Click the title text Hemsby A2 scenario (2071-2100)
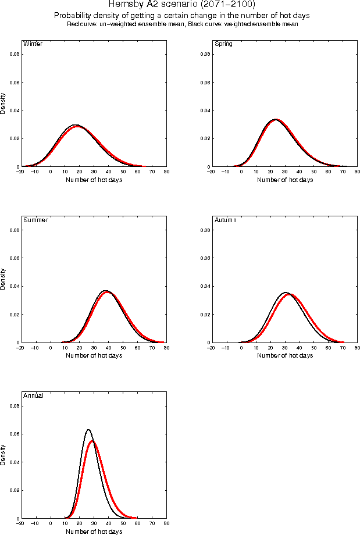pyautogui.click(x=181, y=5)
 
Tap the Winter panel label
pyautogui.click(x=32, y=44)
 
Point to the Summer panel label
pyautogui.click(x=35, y=220)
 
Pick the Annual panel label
pyautogui.click(x=33, y=395)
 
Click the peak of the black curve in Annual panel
pyautogui.click(x=88, y=430)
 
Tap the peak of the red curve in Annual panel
pyautogui.click(x=92, y=441)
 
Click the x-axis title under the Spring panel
pyautogui.click(x=285, y=180)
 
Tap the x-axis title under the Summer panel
pyautogui.click(x=94, y=355)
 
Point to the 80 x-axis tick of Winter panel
pyautogui.click(x=166, y=172)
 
